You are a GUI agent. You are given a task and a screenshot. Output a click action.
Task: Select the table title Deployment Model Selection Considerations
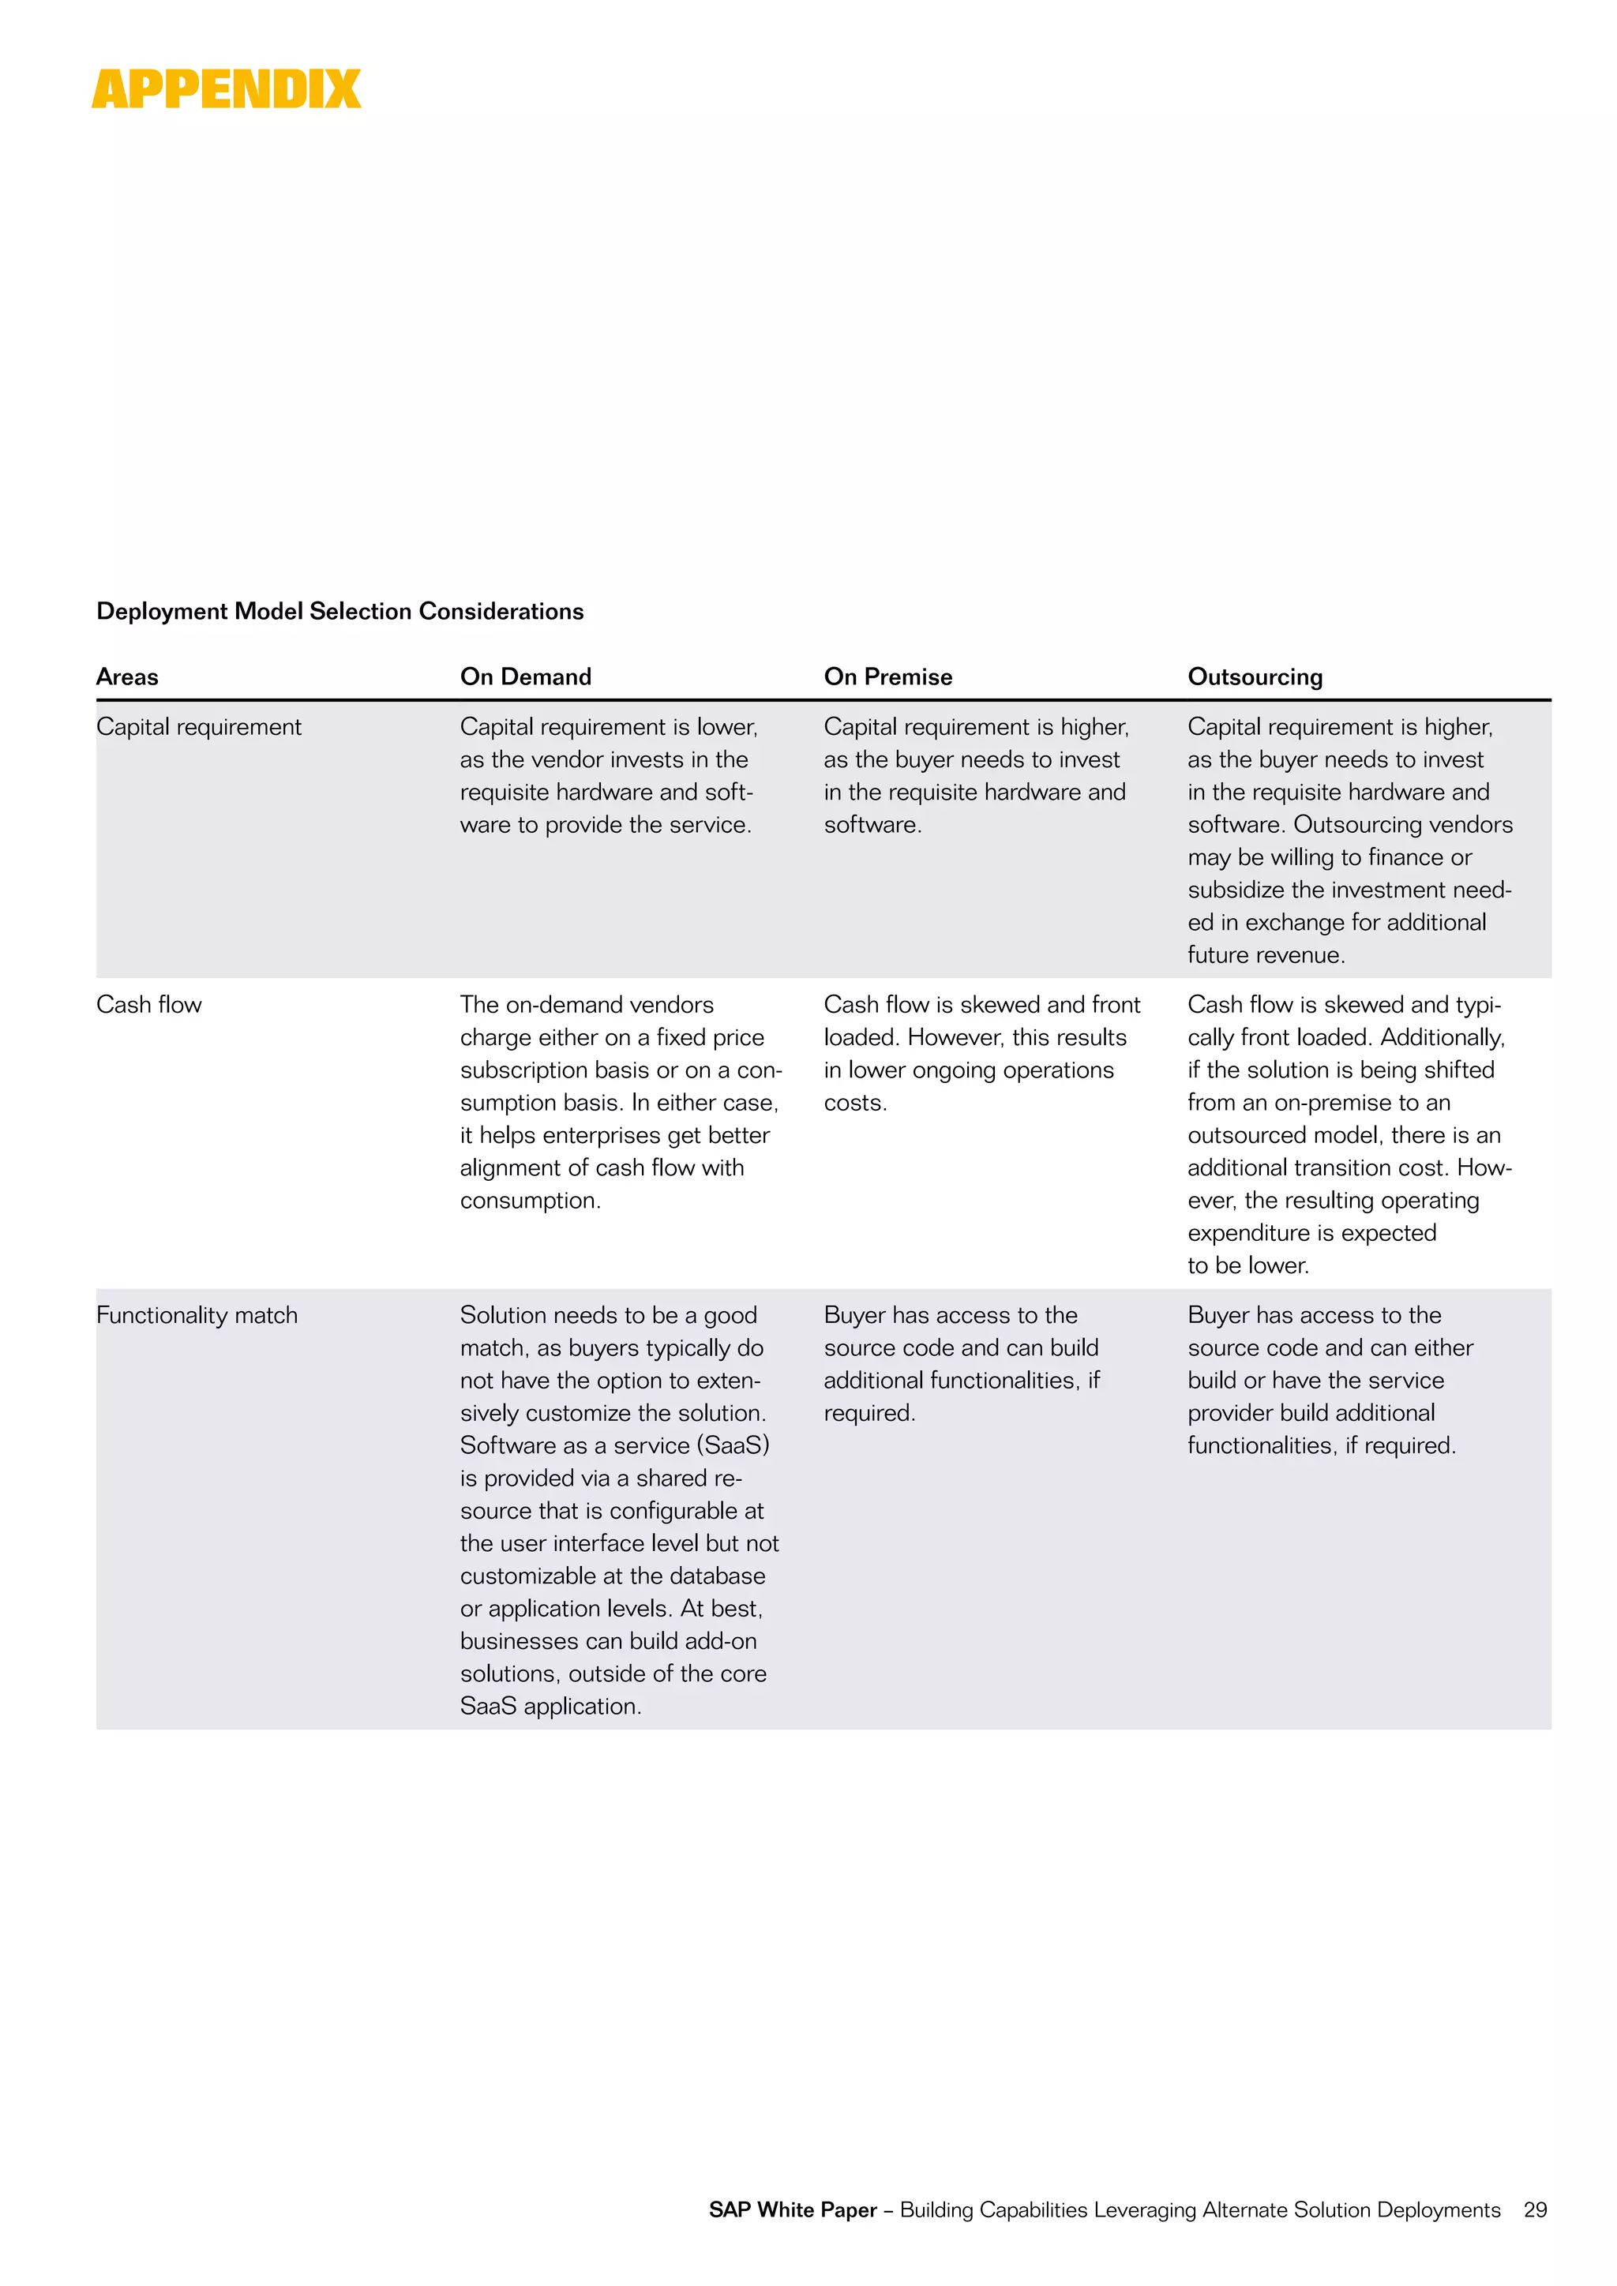coord(340,611)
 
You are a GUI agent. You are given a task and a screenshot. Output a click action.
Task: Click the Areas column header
coord(127,677)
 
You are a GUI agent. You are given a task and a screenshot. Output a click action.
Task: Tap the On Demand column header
coord(526,677)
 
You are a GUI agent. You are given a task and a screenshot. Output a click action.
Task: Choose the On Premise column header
coord(888,677)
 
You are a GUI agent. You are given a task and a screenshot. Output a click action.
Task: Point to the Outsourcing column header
coord(1255,677)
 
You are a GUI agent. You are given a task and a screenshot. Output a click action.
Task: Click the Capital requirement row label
coord(198,727)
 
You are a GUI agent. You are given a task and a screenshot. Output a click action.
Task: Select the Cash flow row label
coord(148,1005)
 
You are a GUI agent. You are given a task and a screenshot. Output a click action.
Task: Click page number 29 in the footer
coord(1536,2209)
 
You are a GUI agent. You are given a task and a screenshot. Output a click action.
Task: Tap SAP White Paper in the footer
coord(793,2209)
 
